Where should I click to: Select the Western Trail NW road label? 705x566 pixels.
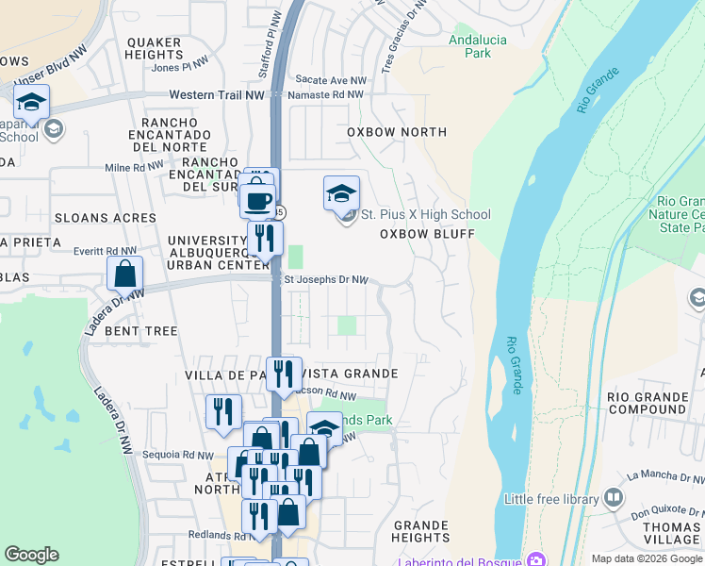(217, 95)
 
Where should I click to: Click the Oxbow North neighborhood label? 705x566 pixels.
(397, 132)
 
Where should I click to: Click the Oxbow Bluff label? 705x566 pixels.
(426, 233)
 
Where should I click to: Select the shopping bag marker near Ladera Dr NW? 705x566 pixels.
(124, 275)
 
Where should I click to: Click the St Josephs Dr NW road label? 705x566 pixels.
(326, 280)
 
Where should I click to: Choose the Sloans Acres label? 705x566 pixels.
(106, 218)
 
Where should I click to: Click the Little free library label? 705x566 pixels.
(551, 499)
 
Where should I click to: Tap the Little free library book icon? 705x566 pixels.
(615, 497)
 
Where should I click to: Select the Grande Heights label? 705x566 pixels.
(420, 530)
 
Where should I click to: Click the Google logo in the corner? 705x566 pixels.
(32, 555)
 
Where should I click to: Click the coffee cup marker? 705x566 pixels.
(257, 200)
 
